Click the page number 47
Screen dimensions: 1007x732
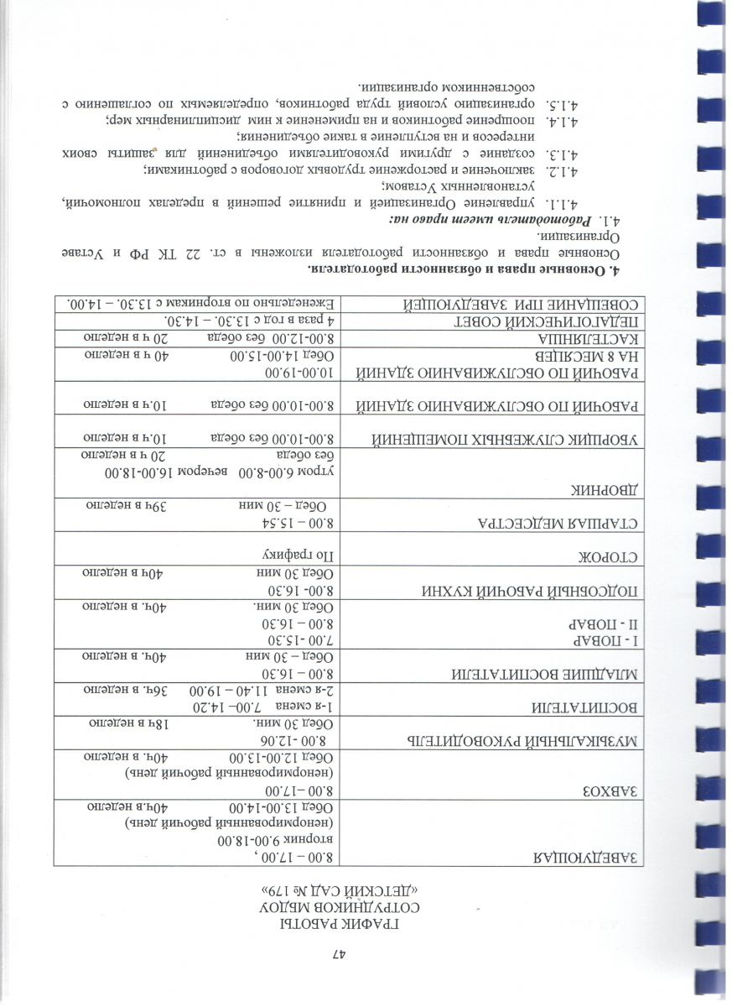338,954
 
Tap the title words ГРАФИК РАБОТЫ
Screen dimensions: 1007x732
338,923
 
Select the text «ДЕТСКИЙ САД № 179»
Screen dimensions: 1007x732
338,891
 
